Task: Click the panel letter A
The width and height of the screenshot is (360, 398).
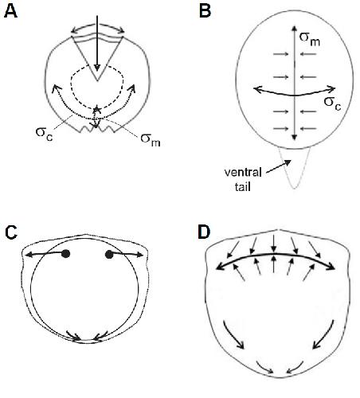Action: pos(11,11)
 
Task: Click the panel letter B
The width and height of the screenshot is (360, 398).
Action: pos(205,11)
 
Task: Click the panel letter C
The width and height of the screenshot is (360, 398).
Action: pos(11,232)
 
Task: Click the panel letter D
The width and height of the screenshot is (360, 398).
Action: pos(204,232)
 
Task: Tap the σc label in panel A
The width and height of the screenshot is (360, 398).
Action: pos(45,133)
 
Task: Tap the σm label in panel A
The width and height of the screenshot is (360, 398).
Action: pos(151,139)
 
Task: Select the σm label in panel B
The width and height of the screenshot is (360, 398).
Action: pos(310,39)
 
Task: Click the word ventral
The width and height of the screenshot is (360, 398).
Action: pos(243,173)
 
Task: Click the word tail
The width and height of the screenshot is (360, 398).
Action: pos(243,187)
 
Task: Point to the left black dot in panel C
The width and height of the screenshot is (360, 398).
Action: pos(65,254)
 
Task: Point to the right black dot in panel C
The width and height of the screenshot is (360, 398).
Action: pos(109,255)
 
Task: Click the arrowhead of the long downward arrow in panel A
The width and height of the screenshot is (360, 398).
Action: pos(97,68)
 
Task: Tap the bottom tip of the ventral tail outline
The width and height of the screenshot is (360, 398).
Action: pos(294,189)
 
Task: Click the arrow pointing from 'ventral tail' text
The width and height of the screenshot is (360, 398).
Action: pos(279,167)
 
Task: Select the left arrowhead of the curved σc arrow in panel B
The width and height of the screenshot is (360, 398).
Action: pos(257,89)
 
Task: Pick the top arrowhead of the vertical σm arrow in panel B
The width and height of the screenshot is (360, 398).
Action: pos(294,28)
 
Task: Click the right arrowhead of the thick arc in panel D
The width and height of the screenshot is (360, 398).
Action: pos(331,267)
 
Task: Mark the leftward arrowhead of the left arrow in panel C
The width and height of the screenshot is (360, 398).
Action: pos(29,255)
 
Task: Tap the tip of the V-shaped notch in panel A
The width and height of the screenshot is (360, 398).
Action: pos(97,80)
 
